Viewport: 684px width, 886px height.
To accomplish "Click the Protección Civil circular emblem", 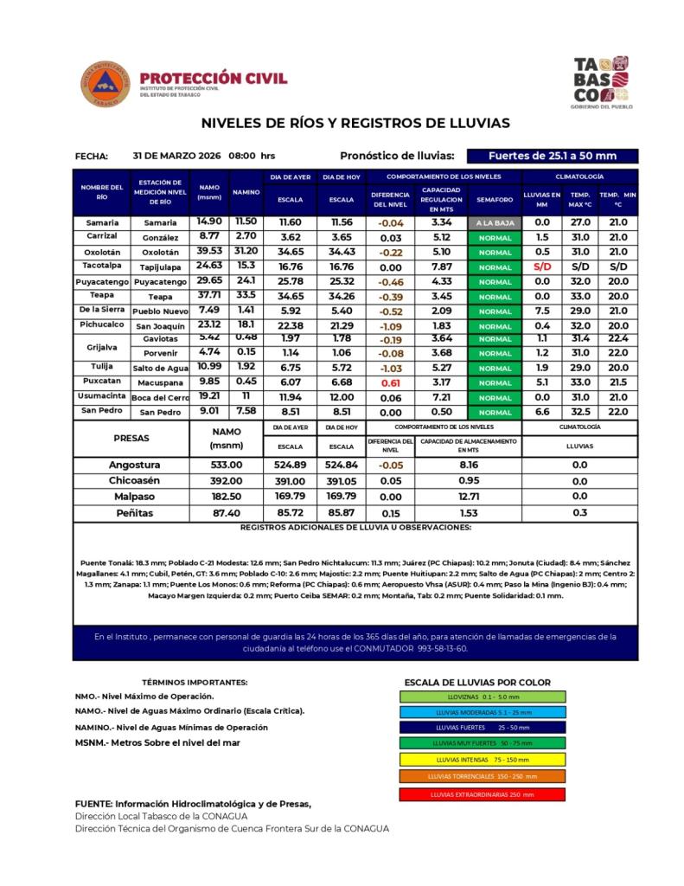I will coord(105,84).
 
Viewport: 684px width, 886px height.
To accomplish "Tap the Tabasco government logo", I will coord(602,83).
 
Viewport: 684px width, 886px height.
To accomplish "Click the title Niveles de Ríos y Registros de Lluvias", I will coord(355,123).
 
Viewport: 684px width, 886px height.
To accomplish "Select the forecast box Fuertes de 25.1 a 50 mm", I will coord(552,156).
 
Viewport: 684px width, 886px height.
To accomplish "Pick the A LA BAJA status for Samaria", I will coord(495,223).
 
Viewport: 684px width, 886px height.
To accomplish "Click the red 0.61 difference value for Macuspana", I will coord(390,382).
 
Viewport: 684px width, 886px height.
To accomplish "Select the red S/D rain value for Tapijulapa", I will coord(542,266).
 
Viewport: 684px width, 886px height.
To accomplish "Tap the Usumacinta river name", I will coord(102,395).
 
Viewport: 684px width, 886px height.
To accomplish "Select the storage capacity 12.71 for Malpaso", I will coord(469,497).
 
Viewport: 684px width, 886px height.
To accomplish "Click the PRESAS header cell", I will coord(132,438).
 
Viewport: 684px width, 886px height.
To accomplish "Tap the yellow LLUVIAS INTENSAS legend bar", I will coord(483,759).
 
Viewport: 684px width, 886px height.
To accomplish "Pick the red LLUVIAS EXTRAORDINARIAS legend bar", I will coord(483,793).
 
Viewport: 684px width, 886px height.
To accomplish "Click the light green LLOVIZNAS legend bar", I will coord(483,696).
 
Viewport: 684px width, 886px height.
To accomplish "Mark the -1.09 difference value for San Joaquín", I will coord(390,325).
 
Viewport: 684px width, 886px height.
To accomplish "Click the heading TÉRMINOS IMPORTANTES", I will coord(194,682).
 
